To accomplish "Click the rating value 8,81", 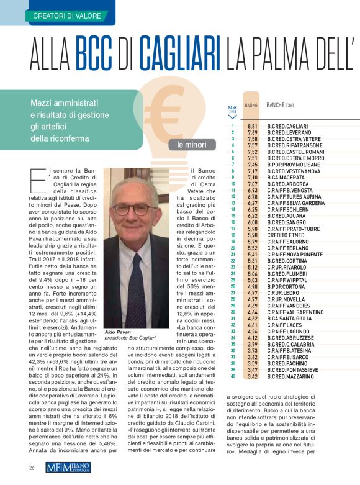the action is click(x=252, y=126).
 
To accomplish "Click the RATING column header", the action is click(x=251, y=106).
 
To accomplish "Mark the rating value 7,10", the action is click(x=252, y=177).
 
